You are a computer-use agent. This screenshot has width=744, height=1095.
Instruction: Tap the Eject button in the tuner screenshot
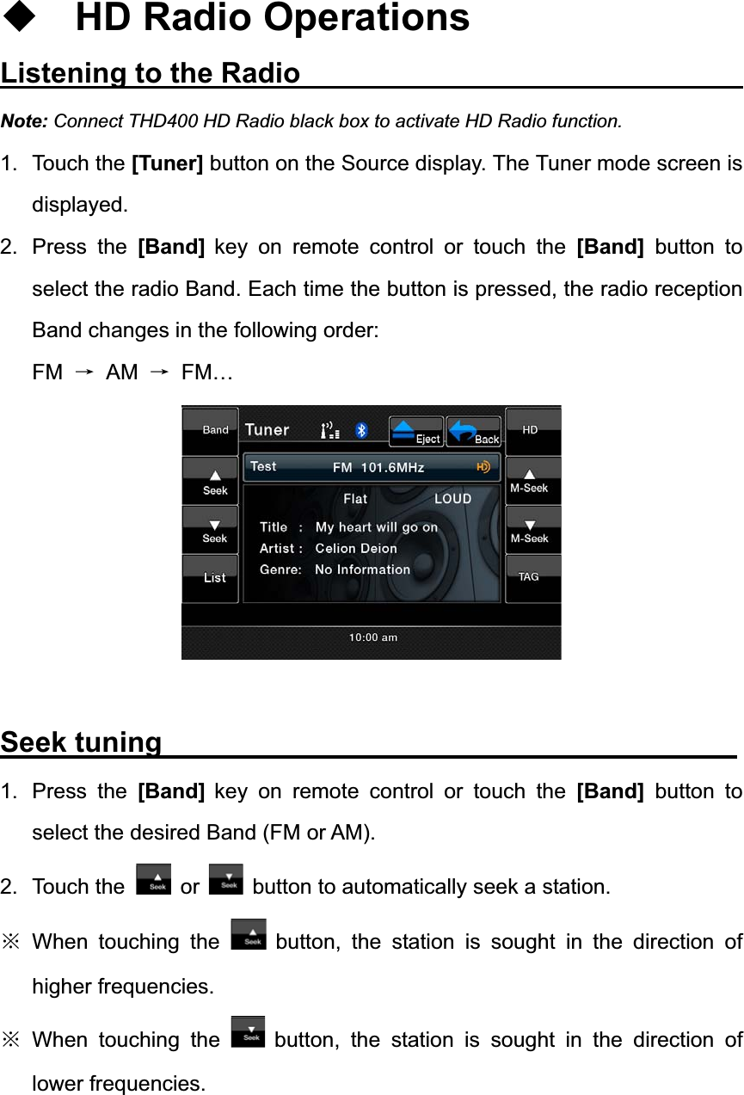click(416, 431)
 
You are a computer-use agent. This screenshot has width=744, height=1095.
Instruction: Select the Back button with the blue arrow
click(474, 431)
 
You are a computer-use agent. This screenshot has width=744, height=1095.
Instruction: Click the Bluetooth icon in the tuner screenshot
click(362, 430)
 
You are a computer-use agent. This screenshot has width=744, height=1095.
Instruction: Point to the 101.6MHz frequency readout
click(392, 468)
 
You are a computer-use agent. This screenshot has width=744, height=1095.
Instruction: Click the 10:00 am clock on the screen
click(372, 637)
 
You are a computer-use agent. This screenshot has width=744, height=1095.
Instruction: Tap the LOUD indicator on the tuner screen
click(452, 499)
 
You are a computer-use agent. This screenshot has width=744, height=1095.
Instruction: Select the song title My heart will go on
click(376, 527)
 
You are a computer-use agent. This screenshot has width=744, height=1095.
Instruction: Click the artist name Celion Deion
click(356, 548)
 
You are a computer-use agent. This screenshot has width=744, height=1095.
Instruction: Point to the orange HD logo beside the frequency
click(484, 467)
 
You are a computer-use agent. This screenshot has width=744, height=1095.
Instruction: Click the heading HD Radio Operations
click(273, 18)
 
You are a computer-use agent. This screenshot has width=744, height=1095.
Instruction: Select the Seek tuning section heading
click(82, 741)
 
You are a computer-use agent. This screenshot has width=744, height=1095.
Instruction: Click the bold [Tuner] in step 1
click(167, 163)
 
